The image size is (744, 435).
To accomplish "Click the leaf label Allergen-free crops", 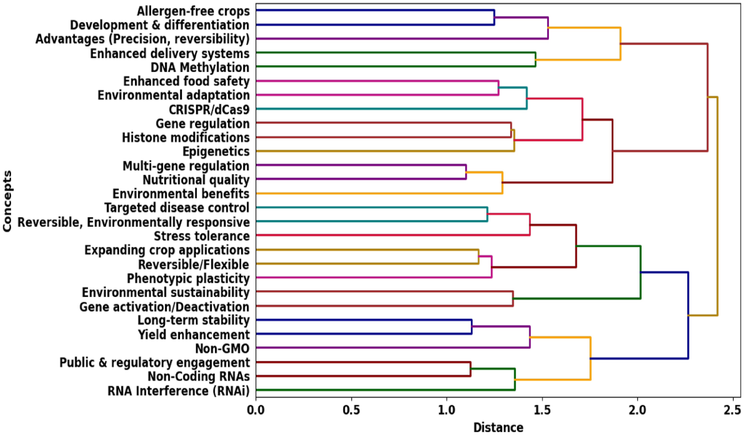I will coord(193,11).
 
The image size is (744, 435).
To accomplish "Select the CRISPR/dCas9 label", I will coord(209,110).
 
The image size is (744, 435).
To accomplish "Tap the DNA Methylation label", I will coord(200,68).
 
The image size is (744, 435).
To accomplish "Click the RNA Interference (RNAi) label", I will coord(178,391).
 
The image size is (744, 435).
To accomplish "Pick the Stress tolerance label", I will coord(202,236).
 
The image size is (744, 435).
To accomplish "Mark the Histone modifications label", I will coord(186,138).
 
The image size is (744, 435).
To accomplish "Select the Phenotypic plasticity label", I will coord(188,278).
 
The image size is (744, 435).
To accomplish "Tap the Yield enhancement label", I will coord(194,335).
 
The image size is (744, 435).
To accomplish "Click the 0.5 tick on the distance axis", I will coord(351,411).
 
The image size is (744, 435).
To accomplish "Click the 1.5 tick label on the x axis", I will coord(542,411).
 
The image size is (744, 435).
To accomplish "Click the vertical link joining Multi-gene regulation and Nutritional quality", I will coord(466,172).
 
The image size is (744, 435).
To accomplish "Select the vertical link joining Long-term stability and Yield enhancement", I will coord(472,327).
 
